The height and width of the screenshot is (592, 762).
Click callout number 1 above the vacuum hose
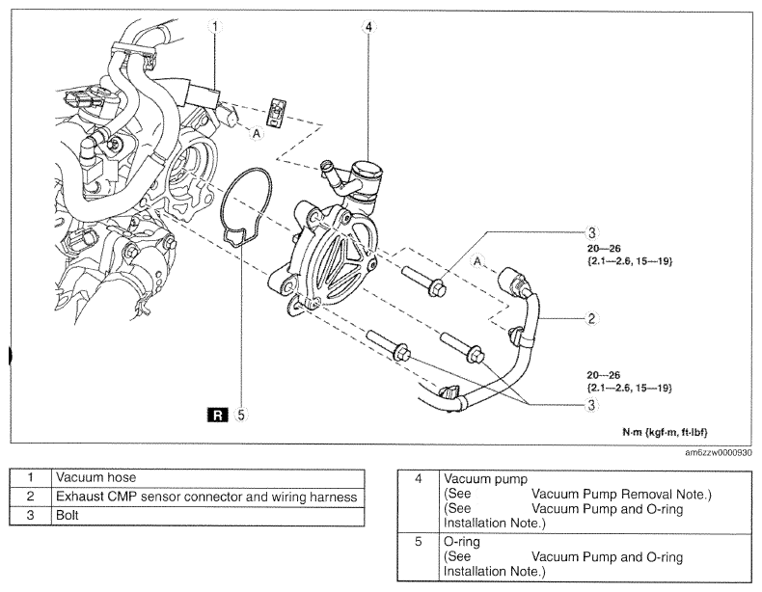pos(215,27)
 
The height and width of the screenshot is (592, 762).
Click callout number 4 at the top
pos(368,27)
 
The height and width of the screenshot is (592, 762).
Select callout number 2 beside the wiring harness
pos(591,318)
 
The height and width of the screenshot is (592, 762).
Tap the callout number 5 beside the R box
pos(241,415)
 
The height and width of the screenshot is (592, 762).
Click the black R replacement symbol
pos(218,415)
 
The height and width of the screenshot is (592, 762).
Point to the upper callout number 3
pos(591,232)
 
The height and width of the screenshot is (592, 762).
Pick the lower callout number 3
pos(591,405)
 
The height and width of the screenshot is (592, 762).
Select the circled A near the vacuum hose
pos(257,132)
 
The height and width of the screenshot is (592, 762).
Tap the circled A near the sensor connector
pos(478,261)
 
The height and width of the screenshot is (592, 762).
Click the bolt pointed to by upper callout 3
pos(423,282)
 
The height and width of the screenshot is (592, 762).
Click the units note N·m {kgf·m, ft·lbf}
pos(665,432)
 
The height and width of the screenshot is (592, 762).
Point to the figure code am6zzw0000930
pos(719,452)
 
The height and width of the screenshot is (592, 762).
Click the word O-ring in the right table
pos(462,542)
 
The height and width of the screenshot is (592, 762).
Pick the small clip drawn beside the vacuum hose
pos(277,113)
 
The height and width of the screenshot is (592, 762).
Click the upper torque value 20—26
pos(604,249)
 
